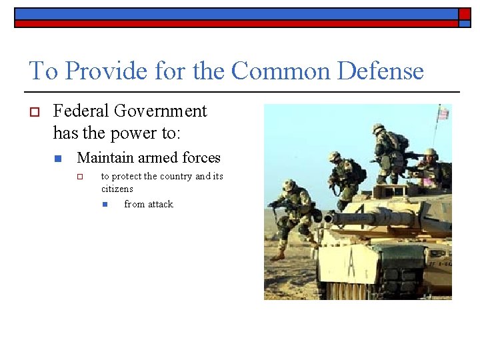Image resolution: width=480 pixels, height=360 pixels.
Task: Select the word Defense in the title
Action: tap(380, 71)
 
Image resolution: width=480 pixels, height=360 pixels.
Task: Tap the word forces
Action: tap(199, 158)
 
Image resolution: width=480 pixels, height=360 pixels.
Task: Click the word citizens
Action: tap(117, 189)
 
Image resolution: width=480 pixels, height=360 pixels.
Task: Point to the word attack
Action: tap(161, 205)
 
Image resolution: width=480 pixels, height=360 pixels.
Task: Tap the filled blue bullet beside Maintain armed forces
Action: tap(59, 159)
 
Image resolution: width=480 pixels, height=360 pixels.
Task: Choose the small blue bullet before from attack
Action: tap(105, 205)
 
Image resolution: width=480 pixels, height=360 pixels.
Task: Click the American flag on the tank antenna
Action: tap(442, 114)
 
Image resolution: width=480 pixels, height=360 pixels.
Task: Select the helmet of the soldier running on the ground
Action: tap(289, 185)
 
